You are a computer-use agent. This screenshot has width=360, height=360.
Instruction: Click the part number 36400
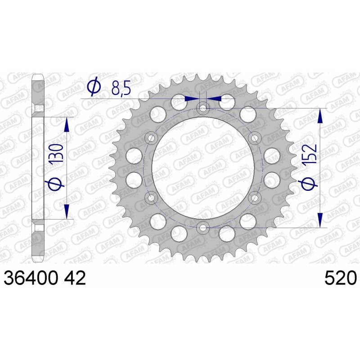pyautogui.click(x=31, y=278)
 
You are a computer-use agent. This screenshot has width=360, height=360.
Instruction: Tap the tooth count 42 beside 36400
pyautogui.click(x=75, y=278)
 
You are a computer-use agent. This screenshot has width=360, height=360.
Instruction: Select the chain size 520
pyautogui.click(x=341, y=278)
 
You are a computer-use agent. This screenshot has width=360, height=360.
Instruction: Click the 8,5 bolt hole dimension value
pyautogui.click(x=121, y=88)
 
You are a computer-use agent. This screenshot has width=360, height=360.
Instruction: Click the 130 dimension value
pyautogui.click(x=56, y=154)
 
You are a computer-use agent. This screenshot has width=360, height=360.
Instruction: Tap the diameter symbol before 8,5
pyautogui.click(x=94, y=85)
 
